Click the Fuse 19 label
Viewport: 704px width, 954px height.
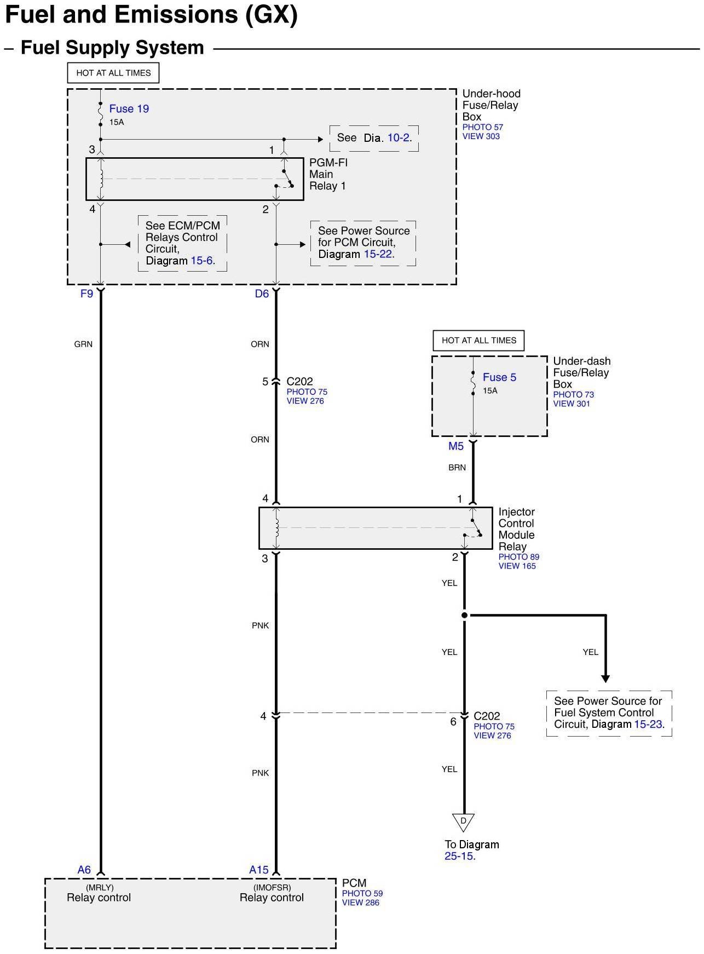point(129,109)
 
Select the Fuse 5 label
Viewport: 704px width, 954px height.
point(499,377)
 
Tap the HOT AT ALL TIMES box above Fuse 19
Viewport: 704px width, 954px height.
point(113,73)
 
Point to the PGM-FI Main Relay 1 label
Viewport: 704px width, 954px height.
point(328,174)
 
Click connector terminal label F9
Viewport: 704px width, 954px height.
point(86,294)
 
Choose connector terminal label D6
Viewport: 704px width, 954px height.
point(262,294)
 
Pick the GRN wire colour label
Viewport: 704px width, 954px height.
point(83,344)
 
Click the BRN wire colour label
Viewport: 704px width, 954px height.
point(457,468)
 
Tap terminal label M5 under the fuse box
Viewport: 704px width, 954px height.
point(456,446)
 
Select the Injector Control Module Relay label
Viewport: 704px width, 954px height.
point(516,529)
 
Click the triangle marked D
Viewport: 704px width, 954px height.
point(463,821)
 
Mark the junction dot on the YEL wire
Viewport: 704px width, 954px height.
point(464,616)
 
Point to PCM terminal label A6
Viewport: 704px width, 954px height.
point(84,870)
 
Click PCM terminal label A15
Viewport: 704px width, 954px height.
point(259,870)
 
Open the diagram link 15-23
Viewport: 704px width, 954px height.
point(648,724)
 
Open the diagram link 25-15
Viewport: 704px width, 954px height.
point(459,856)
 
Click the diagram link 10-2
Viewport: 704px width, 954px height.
point(399,137)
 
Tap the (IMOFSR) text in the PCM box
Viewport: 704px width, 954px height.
point(272,887)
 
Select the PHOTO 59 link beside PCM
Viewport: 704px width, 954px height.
point(362,893)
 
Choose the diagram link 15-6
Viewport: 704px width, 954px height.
point(201,261)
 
